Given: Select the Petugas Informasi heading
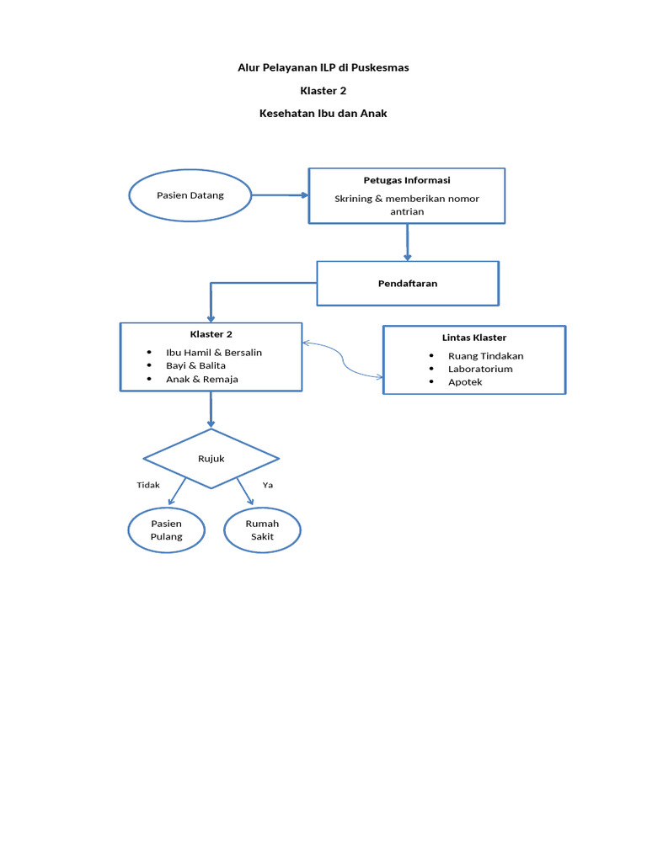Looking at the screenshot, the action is (x=407, y=180).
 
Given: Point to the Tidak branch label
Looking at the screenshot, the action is (x=148, y=485).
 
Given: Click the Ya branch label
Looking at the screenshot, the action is (x=267, y=485).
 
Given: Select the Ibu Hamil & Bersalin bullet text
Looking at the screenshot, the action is (x=214, y=353).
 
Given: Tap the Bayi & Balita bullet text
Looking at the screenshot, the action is (x=195, y=365).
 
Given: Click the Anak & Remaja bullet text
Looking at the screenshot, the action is (x=202, y=380).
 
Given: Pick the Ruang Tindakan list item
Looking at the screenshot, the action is (x=486, y=356).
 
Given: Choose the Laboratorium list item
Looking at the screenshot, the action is (x=480, y=369).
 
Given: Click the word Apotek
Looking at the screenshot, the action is (x=465, y=382).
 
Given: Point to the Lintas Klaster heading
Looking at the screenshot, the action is (x=474, y=338).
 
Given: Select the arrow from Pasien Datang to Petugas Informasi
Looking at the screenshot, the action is (x=280, y=195).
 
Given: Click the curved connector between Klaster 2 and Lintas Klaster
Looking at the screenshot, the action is (x=343, y=360).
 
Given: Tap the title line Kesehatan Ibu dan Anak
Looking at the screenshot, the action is (x=323, y=114).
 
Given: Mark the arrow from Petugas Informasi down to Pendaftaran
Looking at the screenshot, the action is (x=407, y=242).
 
